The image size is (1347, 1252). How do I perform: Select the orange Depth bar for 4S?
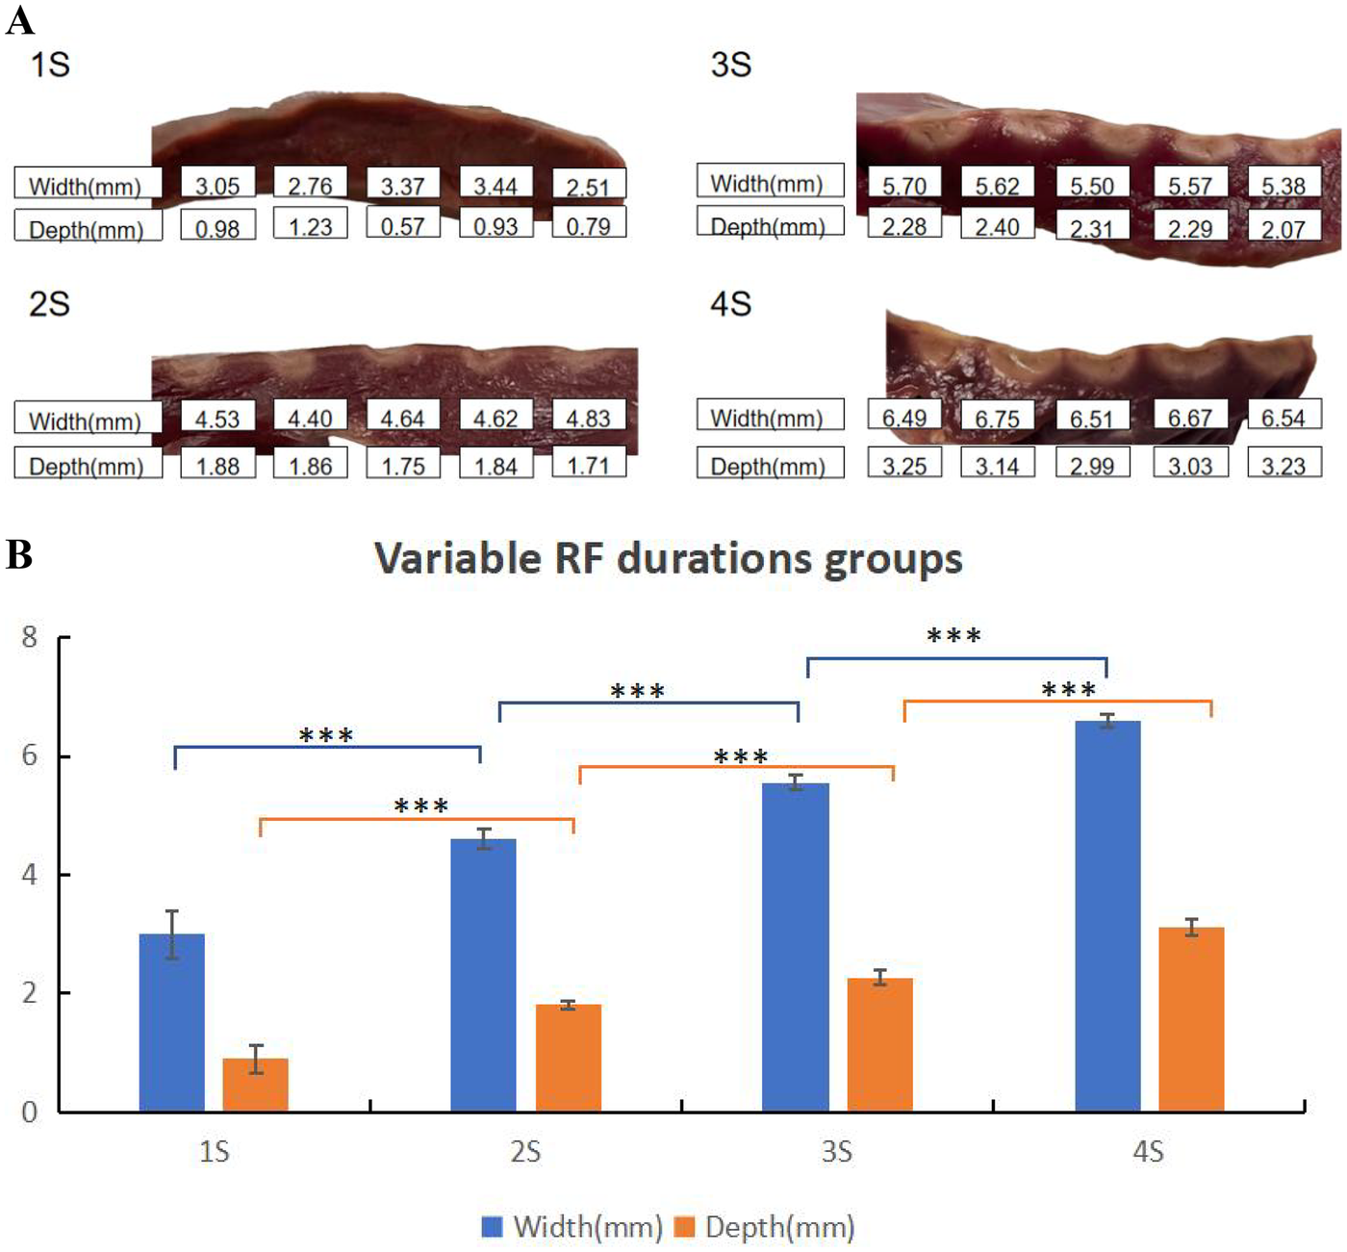pyautogui.click(x=1191, y=1019)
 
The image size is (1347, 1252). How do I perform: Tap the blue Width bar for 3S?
pyautogui.click(x=795, y=947)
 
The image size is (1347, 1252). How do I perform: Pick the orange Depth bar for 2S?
pyautogui.click(x=568, y=1058)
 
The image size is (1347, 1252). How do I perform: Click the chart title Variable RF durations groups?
pyautogui.click(x=668, y=559)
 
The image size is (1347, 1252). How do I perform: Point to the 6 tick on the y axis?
pyautogui.click(x=30, y=755)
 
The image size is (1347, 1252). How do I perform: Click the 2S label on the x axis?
pyautogui.click(x=525, y=1151)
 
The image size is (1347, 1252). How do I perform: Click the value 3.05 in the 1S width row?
pyautogui.click(x=217, y=186)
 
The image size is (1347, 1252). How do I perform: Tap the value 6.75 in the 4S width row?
pyautogui.click(x=997, y=419)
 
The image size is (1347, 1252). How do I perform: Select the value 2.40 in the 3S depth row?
pyautogui.click(x=997, y=226)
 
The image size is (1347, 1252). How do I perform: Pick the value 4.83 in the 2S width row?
pyautogui.click(x=588, y=419)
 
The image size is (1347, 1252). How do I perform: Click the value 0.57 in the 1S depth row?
pyautogui.click(x=402, y=226)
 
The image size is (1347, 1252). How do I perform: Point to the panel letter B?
pyautogui.click(x=18, y=555)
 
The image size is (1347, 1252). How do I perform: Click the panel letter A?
pyautogui.click(x=18, y=19)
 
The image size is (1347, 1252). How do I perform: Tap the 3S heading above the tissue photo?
pyautogui.click(x=730, y=65)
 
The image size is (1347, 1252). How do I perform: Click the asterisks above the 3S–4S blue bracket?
pyautogui.click(x=953, y=636)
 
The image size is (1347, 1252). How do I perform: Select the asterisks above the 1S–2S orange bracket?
pyautogui.click(x=421, y=805)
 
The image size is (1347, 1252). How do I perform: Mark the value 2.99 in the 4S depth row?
pyautogui.click(x=1092, y=466)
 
